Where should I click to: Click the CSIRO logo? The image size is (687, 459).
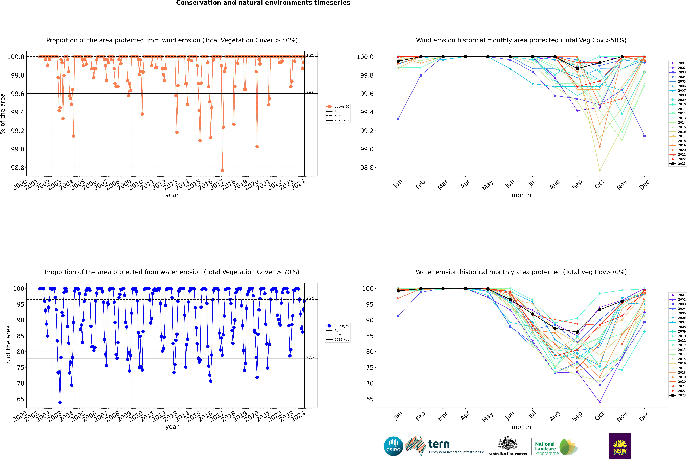(x=393, y=446)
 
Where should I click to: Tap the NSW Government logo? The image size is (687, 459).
(x=620, y=446)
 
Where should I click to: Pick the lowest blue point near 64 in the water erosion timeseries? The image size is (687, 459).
(x=60, y=402)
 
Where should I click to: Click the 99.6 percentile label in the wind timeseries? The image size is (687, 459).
(x=310, y=92)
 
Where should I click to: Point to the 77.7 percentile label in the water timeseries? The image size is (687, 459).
(x=310, y=357)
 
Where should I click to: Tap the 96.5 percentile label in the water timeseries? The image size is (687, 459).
(x=310, y=298)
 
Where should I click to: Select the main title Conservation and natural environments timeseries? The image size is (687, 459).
(x=263, y=3)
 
